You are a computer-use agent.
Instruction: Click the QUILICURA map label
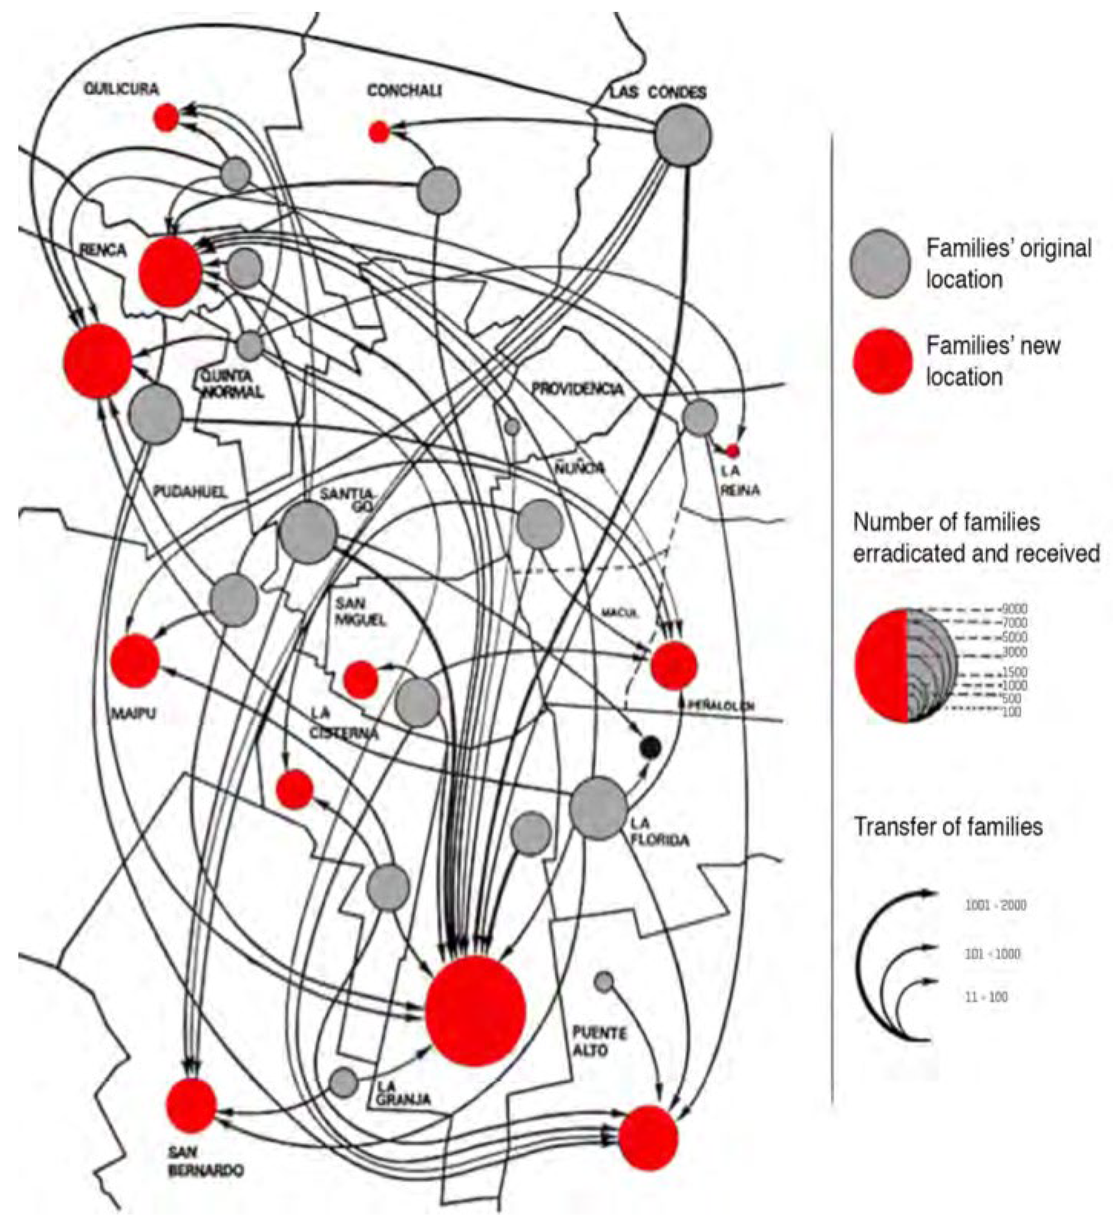[121, 89]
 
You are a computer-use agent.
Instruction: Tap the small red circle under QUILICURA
[166, 117]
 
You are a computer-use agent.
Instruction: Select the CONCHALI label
[404, 91]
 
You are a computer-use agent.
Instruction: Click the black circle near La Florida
[650, 746]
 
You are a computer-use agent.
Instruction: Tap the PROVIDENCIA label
[577, 388]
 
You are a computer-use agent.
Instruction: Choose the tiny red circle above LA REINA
[733, 451]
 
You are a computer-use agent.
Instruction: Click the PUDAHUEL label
[181, 491]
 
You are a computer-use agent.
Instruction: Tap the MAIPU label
[133, 713]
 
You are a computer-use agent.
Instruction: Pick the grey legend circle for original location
[880, 263]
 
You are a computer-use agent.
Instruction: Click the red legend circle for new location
[882, 361]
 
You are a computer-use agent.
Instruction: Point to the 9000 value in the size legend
[1015, 608]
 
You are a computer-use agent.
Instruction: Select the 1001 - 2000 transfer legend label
[995, 905]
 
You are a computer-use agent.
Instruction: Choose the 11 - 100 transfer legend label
[986, 997]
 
